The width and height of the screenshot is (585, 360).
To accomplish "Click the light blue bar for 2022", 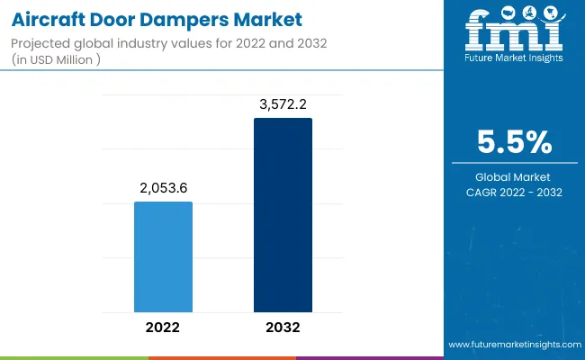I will (x=163, y=256).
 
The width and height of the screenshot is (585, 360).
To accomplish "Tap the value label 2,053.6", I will (x=163, y=187).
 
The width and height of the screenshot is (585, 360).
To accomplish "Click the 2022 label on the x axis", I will (x=163, y=328).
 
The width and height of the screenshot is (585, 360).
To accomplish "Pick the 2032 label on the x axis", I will (x=283, y=328).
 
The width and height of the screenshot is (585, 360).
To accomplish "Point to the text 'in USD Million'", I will (x=61, y=60).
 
